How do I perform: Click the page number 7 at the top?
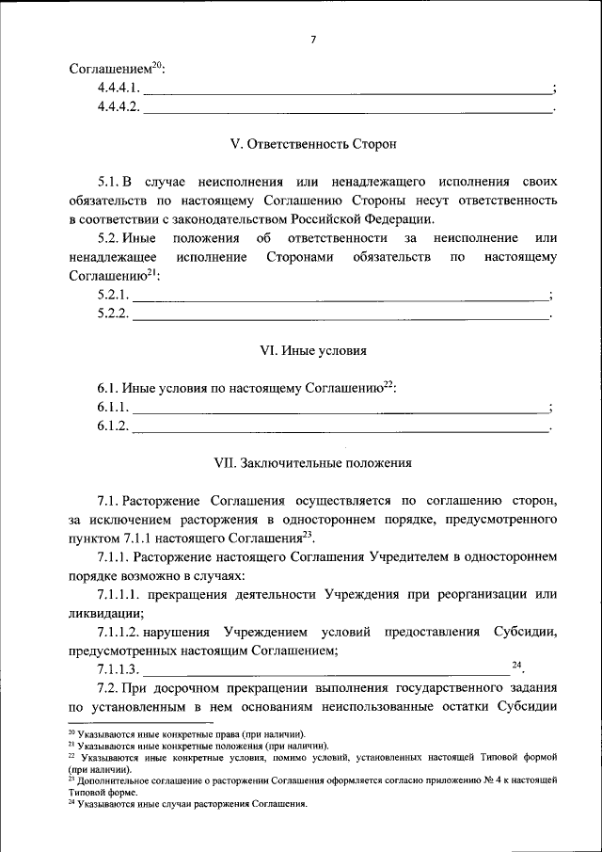pyautogui.click(x=313, y=39)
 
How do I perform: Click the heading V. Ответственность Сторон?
pyautogui.click(x=313, y=144)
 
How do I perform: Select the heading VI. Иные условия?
pyautogui.click(x=313, y=350)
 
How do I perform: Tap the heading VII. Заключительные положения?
pyautogui.click(x=313, y=462)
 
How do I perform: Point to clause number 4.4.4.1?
pyautogui.click(x=118, y=88)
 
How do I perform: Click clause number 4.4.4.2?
pyautogui.click(x=118, y=106)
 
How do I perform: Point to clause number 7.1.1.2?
pyautogui.click(x=125, y=632)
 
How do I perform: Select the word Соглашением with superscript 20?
pyautogui.click(x=110, y=69)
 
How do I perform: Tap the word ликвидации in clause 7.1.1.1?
pyautogui.click(x=103, y=612)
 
